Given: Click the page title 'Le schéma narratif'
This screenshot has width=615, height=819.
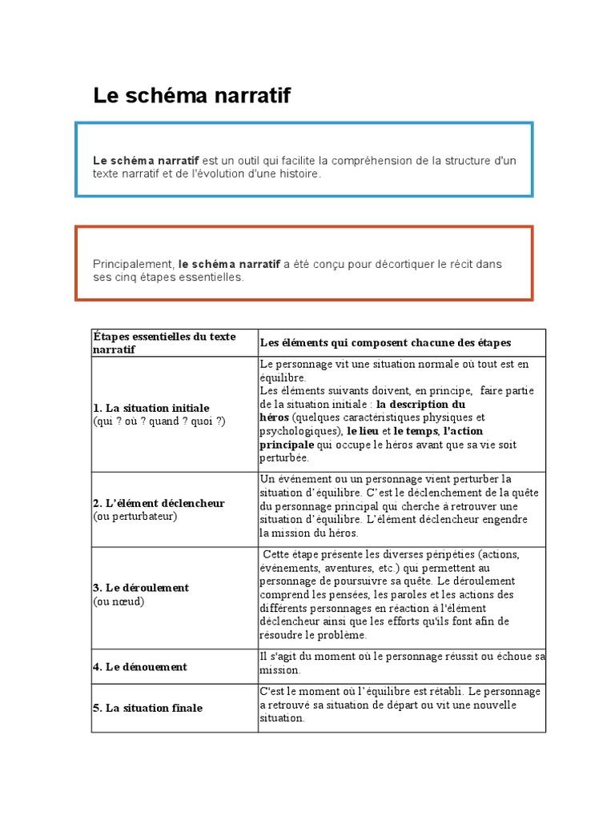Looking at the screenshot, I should pyautogui.click(x=191, y=96).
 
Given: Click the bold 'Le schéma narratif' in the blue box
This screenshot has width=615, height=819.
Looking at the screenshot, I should pyautogui.click(x=146, y=161).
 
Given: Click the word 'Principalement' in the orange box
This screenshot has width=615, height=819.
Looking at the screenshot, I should pyautogui.click(x=133, y=264).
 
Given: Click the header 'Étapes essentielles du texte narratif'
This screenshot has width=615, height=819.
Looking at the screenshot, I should pyautogui.click(x=164, y=342).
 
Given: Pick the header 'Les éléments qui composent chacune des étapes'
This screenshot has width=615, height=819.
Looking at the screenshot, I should pyautogui.click(x=385, y=342).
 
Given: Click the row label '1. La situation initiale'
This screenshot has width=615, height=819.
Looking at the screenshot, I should pyautogui.click(x=151, y=408).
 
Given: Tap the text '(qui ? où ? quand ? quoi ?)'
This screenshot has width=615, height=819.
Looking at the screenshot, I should pyautogui.click(x=159, y=421).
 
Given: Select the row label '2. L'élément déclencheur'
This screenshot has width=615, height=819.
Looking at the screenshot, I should pyautogui.click(x=159, y=503).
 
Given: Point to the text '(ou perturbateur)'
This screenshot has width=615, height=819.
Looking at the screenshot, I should pyautogui.click(x=135, y=516).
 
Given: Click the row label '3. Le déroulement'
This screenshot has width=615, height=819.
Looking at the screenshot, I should pyautogui.click(x=141, y=588).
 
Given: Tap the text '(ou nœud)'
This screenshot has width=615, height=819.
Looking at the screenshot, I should pyautogui.click(x=119, y=601).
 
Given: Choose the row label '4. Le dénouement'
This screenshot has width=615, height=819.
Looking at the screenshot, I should pyautogui.click(x=140, y=666).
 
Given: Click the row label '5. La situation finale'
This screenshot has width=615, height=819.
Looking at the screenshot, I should pyautogui.click(x=147, y=708).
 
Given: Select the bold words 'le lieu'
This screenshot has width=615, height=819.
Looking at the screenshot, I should pyautogui.click(x=364, y=431).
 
